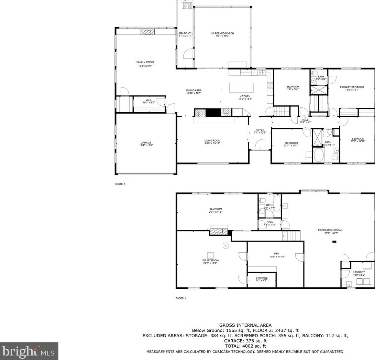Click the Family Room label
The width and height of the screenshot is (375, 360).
(x=143, y=62)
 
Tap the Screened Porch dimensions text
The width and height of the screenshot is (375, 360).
(x=222, y=36)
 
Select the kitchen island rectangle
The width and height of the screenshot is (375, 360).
(x=241, y=87)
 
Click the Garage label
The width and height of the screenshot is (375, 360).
(x=145, y=143)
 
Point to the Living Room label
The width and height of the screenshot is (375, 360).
(x=212, y=140)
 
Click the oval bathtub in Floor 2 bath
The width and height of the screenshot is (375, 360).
(x=319, y=156)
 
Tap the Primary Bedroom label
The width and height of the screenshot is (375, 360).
(x=352, y=87)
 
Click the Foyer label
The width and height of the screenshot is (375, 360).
(x=260, y=130)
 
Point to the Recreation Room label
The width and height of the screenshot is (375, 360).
(x=330, y=230)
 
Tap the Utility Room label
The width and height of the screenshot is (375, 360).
(x=210, y=260)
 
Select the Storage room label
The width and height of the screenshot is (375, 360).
(x=262, y=278)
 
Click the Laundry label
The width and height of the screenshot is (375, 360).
(x=359, y=272)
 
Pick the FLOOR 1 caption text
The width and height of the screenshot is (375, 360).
(x=180, y=298)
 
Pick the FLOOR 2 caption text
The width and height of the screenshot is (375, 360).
(x=120, y=184)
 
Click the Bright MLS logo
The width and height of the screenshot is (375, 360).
(x=29, y=351)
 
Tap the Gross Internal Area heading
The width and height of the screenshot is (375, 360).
(x=245, y=325)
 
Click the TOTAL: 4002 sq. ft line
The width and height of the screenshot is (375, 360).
(x=245, y=346)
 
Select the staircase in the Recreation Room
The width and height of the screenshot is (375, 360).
(x=291, y=236)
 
